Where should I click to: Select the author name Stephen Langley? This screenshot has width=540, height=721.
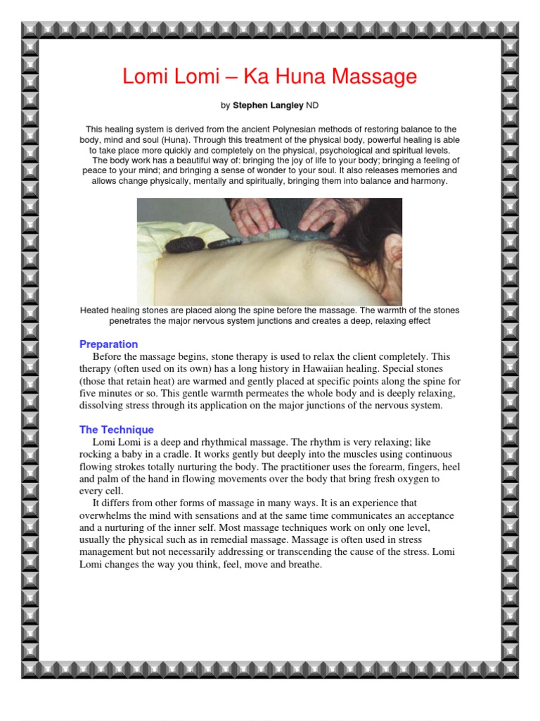point(268,106)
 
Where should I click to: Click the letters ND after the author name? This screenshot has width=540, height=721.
point(313,106)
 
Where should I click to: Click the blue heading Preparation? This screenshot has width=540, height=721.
point(108,344)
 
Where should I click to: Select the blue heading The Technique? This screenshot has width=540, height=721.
point(116,430)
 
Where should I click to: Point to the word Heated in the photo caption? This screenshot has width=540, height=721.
point(96,311)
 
